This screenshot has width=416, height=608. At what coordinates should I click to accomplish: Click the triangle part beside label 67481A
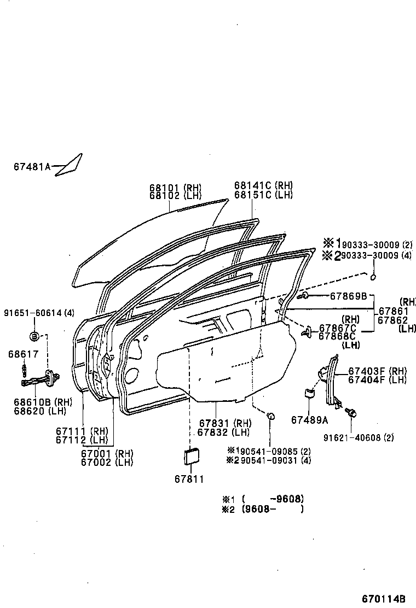pyautogui.click(x=69, y=164)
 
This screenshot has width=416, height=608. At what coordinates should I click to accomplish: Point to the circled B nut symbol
pyautogui.click(x=33, y=335)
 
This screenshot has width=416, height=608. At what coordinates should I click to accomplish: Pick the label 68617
pyautogui.click(x=24, y=354)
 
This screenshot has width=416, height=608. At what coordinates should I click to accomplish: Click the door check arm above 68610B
pyautogui.click(x=42, y=377)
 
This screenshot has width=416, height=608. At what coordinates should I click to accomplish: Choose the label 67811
pyautogui.click(x=189, y=480)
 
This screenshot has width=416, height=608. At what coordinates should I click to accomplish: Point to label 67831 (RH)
pyautogui.click(x=217, y=423)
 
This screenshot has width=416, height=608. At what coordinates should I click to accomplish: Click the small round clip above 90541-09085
pyautogui.click(x=270, y=418)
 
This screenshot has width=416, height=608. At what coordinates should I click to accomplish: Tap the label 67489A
pyautogui.click(x=310, y=419)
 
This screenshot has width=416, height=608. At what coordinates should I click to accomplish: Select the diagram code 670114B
pyautogui.click(x=383, y=598)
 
